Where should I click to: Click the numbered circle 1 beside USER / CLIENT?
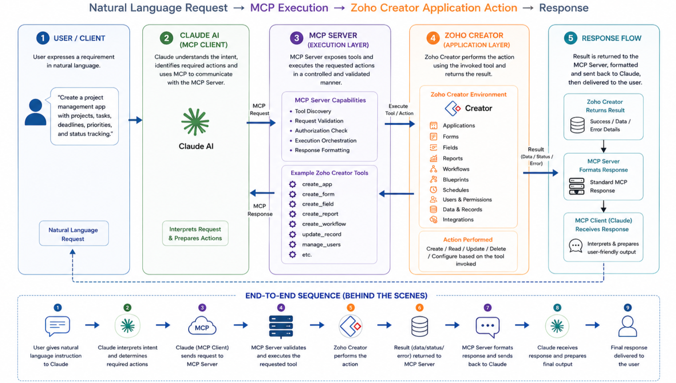point(42,38)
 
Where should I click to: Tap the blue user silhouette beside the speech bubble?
point(36,112)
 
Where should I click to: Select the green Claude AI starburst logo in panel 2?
point(195,121)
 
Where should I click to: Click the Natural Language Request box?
point(74,233)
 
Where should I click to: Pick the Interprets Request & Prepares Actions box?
point(195,233)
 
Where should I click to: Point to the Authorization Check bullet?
point(321,130)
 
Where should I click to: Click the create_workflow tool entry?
point(324,224)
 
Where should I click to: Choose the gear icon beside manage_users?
point(293,244)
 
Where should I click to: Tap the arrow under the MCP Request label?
point(261,123)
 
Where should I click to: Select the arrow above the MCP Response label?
point(262,193)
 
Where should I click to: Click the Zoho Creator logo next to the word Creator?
point(453,108)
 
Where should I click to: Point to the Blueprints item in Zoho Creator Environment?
point(455,180)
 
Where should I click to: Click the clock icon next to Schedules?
point(433,190)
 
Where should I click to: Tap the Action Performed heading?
point(468,240)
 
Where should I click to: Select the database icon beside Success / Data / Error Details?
point(577,125)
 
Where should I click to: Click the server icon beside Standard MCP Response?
point(577,186)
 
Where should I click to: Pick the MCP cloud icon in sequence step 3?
point(202,325)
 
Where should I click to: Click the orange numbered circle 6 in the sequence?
point(419,308)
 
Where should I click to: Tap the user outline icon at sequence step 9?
point(628,326)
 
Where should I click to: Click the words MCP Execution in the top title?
point(289,8)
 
